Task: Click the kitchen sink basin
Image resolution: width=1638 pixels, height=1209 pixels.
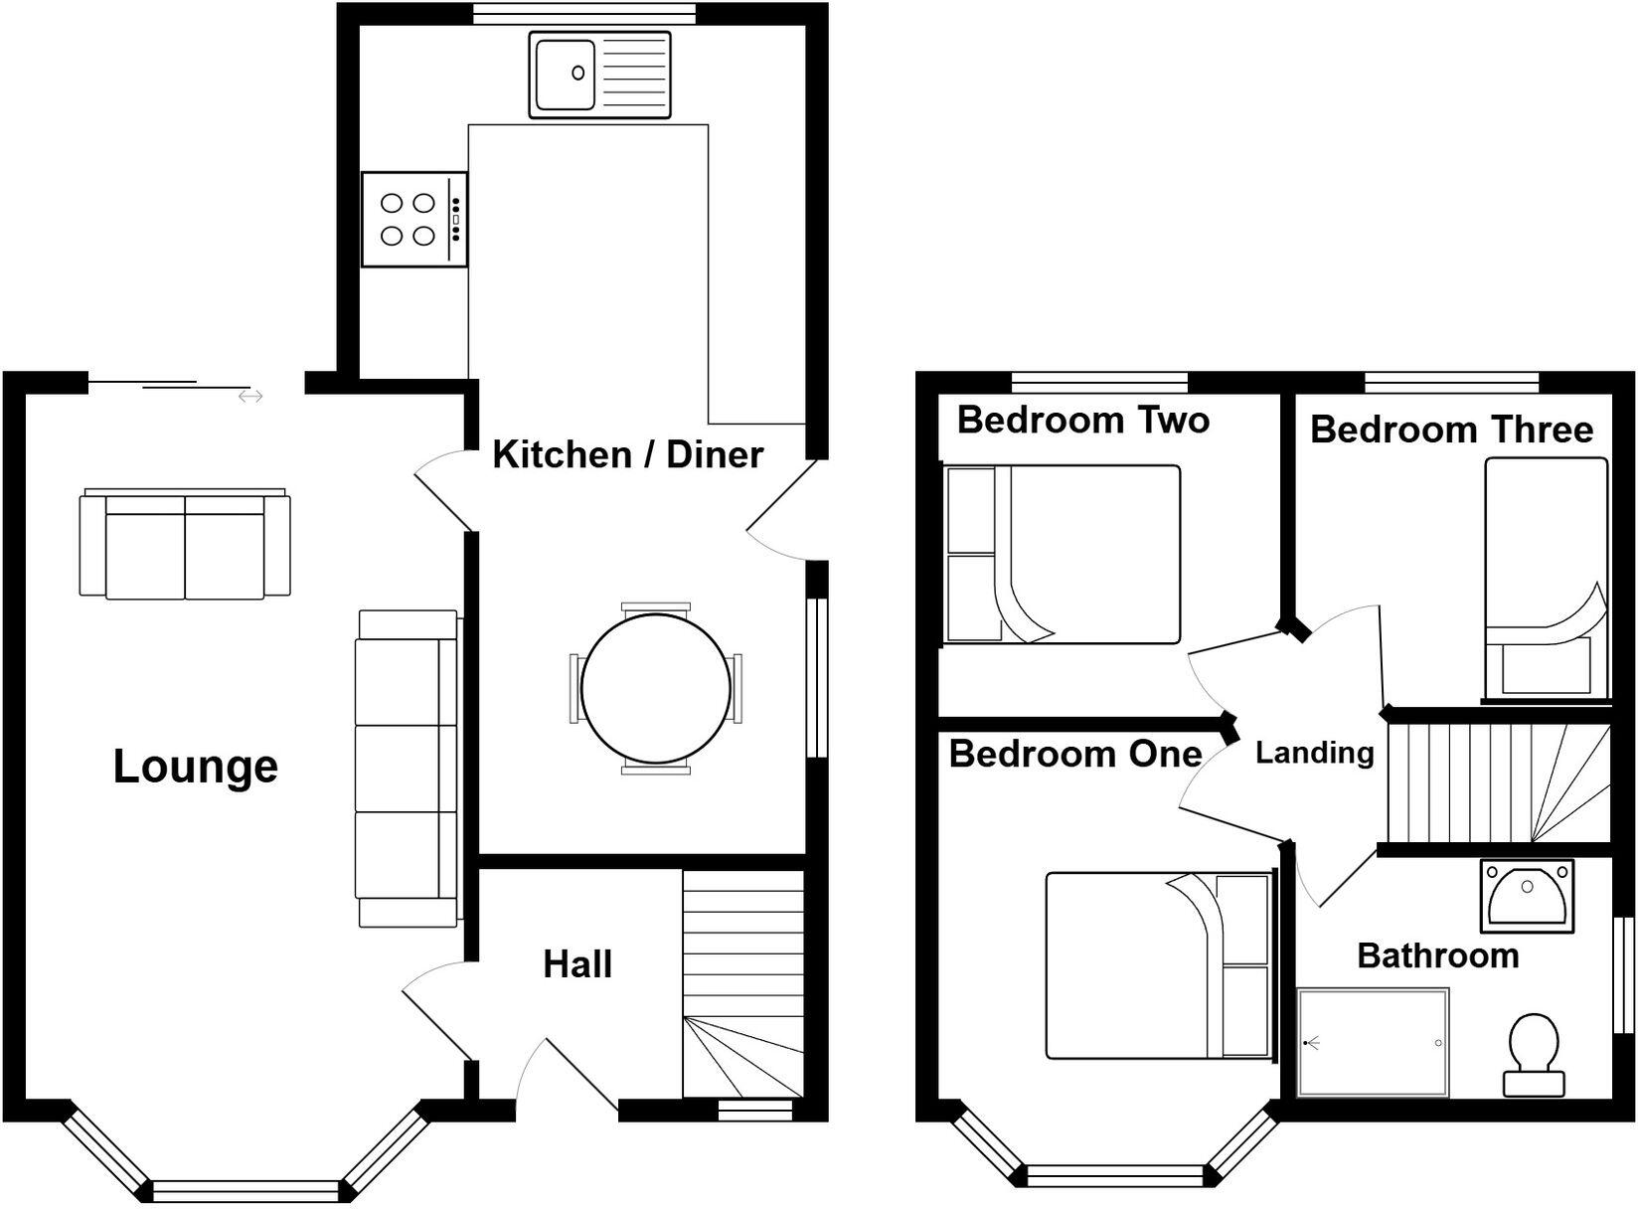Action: [x=565, y=74]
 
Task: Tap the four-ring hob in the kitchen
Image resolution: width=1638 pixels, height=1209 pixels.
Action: [x=413, y=219]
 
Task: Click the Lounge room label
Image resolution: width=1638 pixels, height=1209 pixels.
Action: [x=196, y=767]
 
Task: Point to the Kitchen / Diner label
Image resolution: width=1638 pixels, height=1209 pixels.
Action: [x=627, y=454]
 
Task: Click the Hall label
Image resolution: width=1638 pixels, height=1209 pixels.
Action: [x=577, y=963]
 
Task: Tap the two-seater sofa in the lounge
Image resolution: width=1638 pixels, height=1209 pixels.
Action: [x=185, y=545]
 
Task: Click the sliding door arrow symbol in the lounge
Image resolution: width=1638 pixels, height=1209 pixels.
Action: [x=250, y=397]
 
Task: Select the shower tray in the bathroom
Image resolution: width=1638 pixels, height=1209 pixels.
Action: [x=1373, y=1042]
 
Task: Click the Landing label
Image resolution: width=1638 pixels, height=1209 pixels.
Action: [x=1314, y=753]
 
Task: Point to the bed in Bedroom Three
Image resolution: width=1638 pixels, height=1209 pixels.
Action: [x=1546, y=577]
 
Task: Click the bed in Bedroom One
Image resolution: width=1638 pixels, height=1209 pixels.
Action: [x=1159, y=964]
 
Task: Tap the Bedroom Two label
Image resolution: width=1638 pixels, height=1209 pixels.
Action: [x=1082, y=420]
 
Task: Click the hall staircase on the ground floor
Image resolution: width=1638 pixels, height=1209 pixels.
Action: [x=742, y=984]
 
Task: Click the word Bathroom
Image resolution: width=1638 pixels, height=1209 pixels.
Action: [x=1437, y=955]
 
